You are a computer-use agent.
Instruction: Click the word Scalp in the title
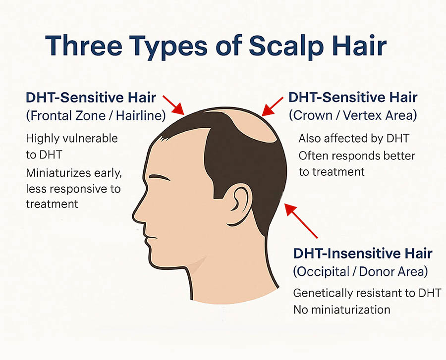tap(286, 46)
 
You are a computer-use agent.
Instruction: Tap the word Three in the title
tap(84, 46)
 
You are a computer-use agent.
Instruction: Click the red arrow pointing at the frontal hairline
tap(174, 105)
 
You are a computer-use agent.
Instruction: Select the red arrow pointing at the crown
tap(272, 106)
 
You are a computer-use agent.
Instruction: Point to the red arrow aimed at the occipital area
tap(301, 220)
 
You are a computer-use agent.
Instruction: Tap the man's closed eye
tap(159, 178)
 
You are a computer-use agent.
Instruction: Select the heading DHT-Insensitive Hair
tap(363, 254)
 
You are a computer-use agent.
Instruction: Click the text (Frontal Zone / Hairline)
tap(96, 116)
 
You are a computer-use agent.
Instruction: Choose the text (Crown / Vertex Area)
tap(353, 115)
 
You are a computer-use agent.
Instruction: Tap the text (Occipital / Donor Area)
tap(360, 272)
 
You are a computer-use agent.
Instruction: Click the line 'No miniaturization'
tap(341, 309)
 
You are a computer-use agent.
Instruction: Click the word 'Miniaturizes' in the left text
tap(58, 173)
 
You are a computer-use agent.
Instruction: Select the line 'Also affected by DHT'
tap(354, 139)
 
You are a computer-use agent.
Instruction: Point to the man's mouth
tap(150, 237)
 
